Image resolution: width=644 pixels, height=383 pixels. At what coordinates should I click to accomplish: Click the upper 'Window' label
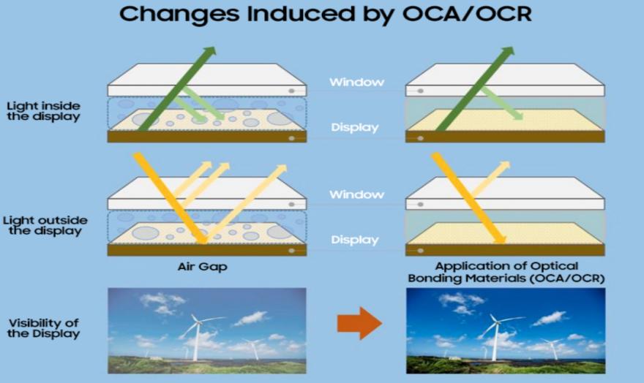pos(356,82)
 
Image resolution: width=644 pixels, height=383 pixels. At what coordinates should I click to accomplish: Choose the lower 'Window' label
pos(356,194)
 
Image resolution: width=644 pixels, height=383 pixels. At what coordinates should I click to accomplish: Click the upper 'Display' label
pos(354,128)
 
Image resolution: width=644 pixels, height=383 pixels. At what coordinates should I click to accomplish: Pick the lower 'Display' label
pos(354,240)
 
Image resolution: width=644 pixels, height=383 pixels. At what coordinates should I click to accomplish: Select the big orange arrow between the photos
pos(359,322)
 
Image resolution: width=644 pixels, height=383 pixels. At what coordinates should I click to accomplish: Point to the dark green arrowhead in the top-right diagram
pos(506,53)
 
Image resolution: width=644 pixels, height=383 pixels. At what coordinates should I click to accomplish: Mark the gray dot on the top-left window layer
pos(291,91)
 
